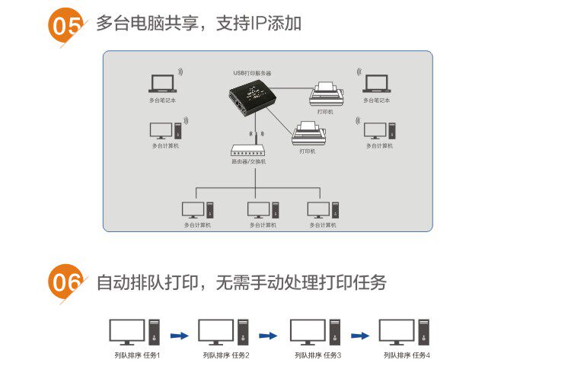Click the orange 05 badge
65,24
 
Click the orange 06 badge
65,283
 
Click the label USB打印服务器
252,73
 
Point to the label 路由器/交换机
248,162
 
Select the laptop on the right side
376,83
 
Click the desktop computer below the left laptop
165,130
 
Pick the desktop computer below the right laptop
378,130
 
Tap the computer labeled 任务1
136,332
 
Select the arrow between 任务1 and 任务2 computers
179,334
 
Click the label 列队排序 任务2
226,355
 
